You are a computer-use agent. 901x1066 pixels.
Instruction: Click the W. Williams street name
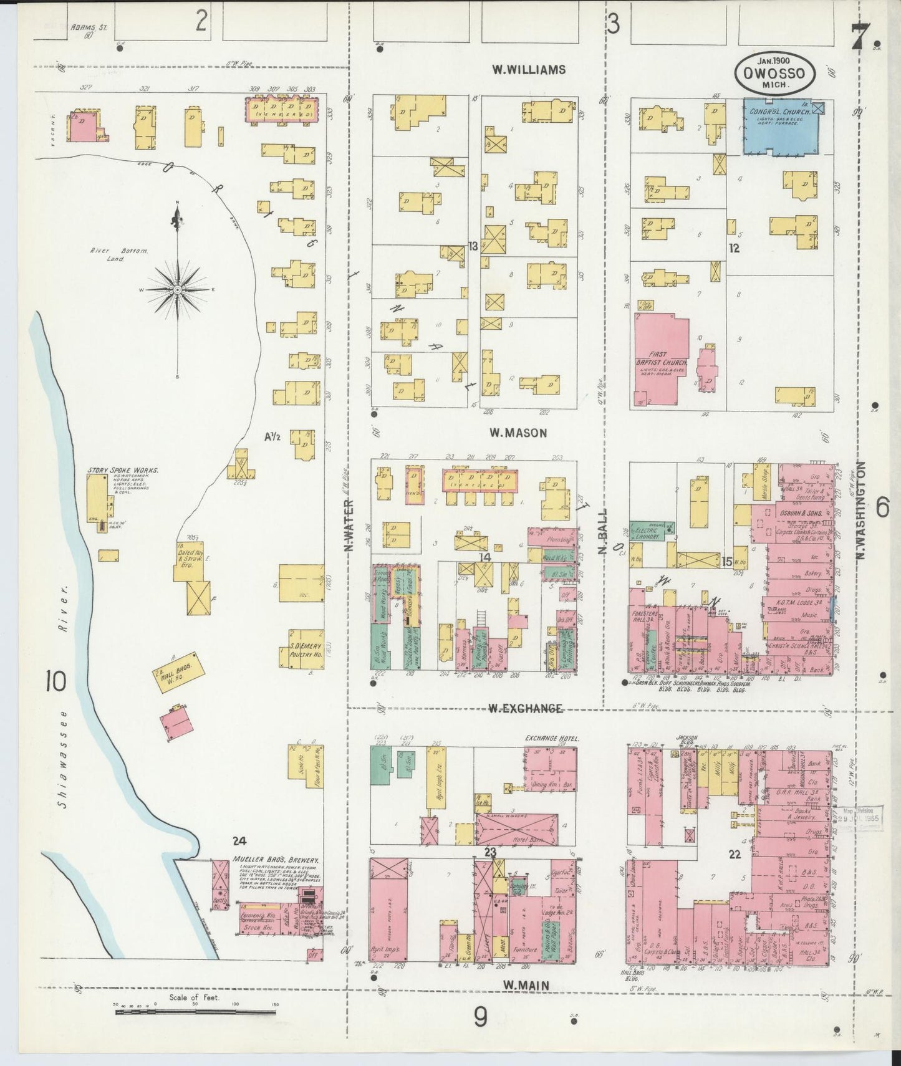(528, 70)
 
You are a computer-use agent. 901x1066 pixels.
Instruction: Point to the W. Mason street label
(518, 433)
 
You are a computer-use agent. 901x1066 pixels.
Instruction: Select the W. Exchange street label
(525, 708)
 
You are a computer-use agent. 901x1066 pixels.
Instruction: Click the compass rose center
(178, 290)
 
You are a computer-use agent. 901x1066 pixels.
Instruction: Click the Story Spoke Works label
(122, 470)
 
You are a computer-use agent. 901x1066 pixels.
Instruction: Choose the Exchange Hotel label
(552, 738)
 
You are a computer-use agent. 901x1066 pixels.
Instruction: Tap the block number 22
(735, 855)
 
